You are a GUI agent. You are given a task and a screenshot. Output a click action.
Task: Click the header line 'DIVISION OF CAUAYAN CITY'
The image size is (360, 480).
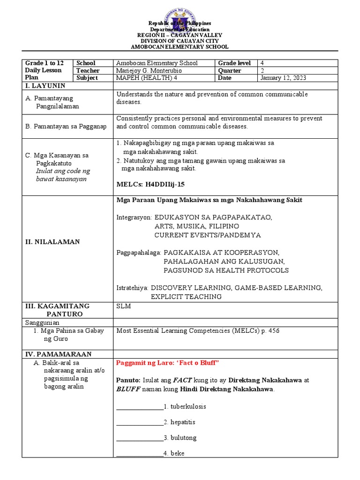[x=180, y=41]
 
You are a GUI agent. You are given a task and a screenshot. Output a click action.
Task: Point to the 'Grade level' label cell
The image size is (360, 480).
[x=234, y=63]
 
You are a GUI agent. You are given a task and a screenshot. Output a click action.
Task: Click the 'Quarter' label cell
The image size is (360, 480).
[x=230, y=70]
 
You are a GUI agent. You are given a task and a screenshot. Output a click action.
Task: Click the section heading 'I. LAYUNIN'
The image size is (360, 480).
[x=45, y=86]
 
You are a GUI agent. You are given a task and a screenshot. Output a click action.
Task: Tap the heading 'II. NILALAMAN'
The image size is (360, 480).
[x=52, y=242]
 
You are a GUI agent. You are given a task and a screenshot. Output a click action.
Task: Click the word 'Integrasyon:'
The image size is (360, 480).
[x=134, y=217]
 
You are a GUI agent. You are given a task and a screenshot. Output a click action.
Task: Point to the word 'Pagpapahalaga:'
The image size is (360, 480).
[x=139, y=253]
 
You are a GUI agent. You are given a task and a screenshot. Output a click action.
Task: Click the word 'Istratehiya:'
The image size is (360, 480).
[x=133, y=288]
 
